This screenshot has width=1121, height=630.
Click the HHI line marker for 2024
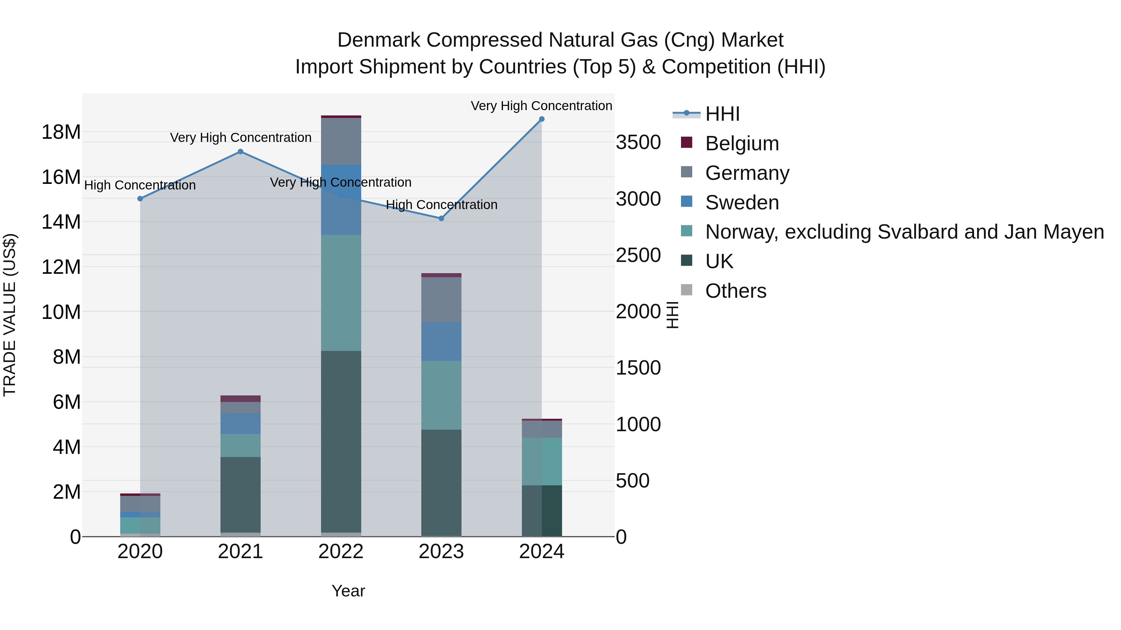pyautogui.click(x=542, y=119)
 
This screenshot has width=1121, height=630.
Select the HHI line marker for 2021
pyautogui.click(x=241, y=152)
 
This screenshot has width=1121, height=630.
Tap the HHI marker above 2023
pyautogui.click(x=441, y=218)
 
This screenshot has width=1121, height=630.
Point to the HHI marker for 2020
pyautogui.click(x=140, y=199)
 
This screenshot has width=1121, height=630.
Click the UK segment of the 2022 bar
pyautogui.click(x=341, y=441)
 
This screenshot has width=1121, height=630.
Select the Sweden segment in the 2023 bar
pyautogui.click(x=441, y=341)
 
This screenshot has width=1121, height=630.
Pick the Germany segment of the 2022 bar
pyautogui.click(x=341, y=141)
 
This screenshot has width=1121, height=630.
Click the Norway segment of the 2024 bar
pyautogui.click(x=542, y=461)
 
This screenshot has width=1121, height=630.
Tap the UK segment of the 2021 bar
pyautogui.click(x=241, y=494)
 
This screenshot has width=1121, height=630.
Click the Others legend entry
pyautogui.click(x=736, y=291)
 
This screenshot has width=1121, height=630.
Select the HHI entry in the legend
pyautogui.click(x=722, y=114)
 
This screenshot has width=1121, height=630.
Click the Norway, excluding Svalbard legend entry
pyautogui.click(x=904, y=232)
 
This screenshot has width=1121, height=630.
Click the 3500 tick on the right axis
pyautogui.click(x=638, y=142)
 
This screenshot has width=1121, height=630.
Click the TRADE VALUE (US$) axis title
pyautogui.click(x=10, y=315)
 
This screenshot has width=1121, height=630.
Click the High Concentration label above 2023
pyautogui.click(x=441, y=205)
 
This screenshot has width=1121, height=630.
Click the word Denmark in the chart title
pyautogui.click(x=379, y=40)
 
